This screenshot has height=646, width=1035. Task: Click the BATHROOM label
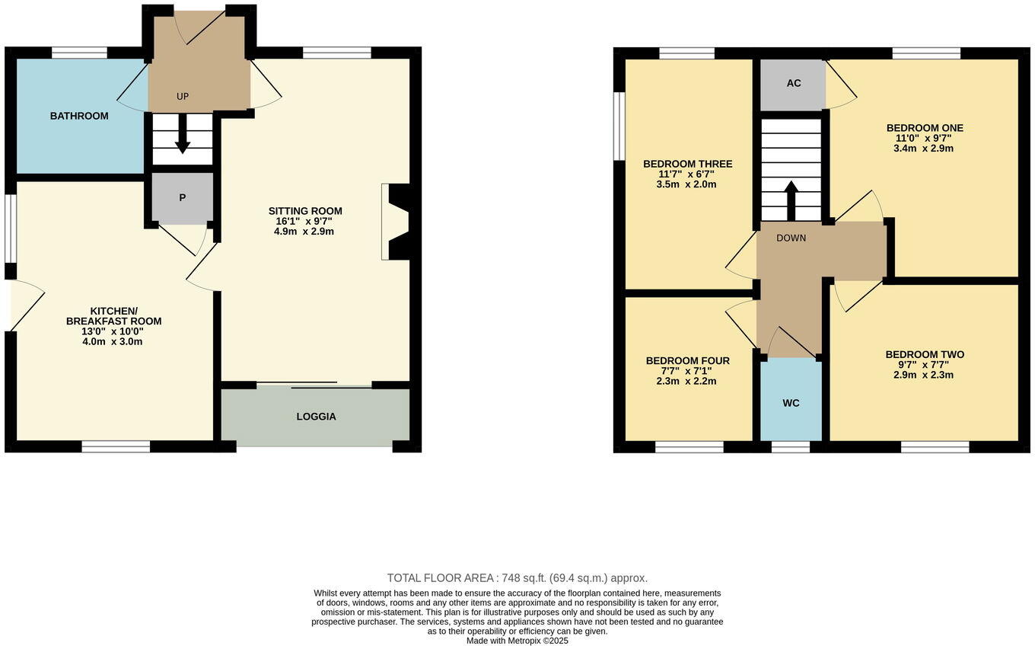[79, 116]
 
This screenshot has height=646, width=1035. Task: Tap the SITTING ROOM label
[305, 211]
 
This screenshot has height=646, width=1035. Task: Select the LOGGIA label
[316, 417]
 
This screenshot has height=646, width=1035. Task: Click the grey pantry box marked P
[182, 198]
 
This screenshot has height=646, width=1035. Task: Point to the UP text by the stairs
[183, 96]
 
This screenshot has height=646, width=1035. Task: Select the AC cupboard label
[794, 83]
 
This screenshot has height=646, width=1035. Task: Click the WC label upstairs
[791, 403]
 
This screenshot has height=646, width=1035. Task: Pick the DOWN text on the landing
[791, 238]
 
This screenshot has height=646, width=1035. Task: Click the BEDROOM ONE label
[925, 128]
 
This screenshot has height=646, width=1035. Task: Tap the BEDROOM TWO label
[925, 354]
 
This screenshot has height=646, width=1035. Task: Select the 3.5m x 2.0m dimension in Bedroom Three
[686, 184]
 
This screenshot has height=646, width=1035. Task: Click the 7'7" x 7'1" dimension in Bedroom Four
[686, 371]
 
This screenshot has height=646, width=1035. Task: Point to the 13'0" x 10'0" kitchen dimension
[113, 331]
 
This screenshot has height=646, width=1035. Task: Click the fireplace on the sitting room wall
[397, 222]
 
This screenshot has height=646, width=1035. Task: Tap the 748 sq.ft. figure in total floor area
[526, 578]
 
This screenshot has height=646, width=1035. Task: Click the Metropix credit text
[517, 641]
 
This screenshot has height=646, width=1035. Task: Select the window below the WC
[791, 447]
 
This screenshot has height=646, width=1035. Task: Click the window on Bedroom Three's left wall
[619, 126]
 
